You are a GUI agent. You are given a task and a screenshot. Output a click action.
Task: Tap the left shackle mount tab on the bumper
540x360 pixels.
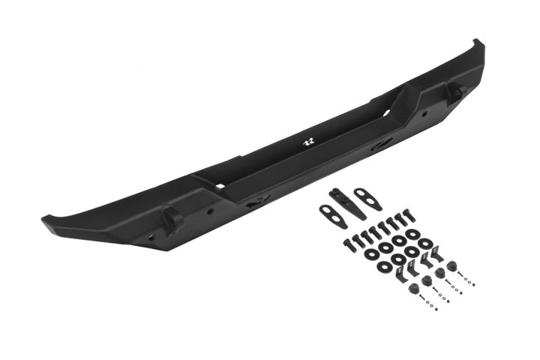point(172,219)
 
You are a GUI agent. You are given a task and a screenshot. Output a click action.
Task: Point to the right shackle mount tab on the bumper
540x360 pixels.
point(455,91)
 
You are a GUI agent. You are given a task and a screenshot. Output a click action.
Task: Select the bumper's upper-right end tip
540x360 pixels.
point(478,44)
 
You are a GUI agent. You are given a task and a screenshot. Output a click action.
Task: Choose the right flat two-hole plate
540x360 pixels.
point(367,199)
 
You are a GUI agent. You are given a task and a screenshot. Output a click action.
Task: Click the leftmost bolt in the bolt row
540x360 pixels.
point(349,244)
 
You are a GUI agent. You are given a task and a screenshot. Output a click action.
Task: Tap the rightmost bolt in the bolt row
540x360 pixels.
point(409,214)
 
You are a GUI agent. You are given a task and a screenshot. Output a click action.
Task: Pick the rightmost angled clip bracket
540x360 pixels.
point(432,258)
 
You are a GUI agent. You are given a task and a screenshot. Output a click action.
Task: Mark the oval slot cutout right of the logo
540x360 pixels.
point(379,145)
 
